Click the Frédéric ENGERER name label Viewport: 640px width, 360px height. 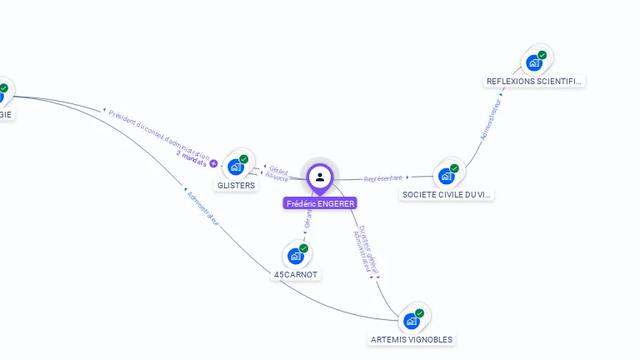coord(320,203)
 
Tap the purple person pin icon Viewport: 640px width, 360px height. coord(320,177)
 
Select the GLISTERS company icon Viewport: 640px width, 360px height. coord(236,167)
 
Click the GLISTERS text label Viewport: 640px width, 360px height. coord(236,185)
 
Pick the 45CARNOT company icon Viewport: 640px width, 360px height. coord(295,256)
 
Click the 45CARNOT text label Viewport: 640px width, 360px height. coord(296,274)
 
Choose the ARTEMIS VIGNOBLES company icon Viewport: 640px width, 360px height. coord(412,321)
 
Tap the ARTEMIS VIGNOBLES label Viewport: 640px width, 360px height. coord(412,339)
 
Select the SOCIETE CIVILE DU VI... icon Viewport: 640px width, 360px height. coord(447,176)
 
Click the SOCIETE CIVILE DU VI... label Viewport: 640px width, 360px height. coord(447,194)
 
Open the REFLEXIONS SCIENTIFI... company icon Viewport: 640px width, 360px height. coord(534,62)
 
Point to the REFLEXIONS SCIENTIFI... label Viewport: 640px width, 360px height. coord(534,81)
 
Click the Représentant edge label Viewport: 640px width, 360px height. coord(382,178)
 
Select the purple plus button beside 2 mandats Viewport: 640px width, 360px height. coord(213,164)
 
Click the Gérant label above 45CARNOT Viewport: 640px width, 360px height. coord(308,218)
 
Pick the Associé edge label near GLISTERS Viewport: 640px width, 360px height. coord(277,177)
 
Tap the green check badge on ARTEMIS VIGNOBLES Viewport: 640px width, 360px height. coord(419,313)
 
